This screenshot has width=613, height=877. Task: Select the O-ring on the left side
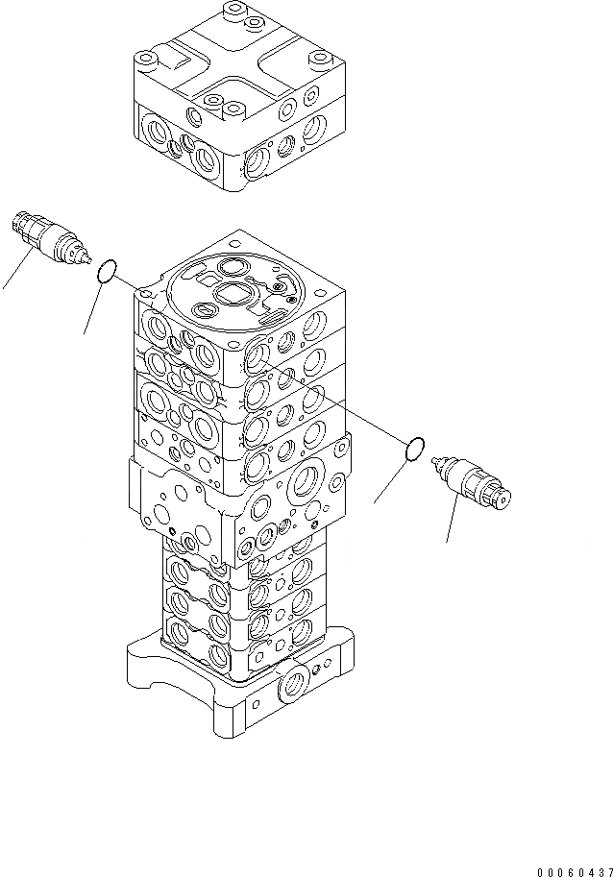108,272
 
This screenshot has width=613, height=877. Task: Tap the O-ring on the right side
414,449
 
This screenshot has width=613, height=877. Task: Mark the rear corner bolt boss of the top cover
231,13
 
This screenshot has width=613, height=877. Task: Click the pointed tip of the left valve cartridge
88,260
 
